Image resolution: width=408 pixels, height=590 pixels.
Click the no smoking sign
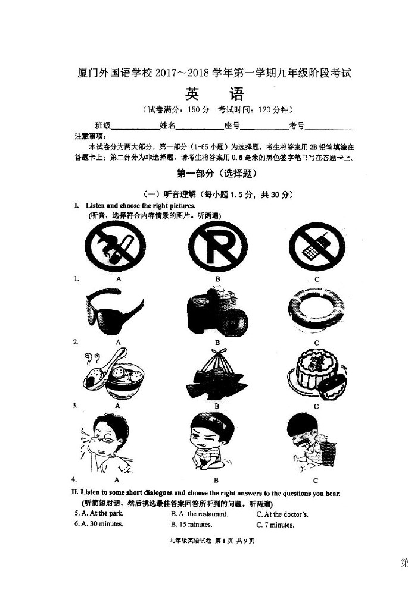[116, 246]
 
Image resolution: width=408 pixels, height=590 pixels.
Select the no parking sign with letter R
[218, 247]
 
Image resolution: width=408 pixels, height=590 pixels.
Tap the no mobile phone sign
[316, 246]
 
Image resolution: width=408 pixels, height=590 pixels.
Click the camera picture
[217, 312]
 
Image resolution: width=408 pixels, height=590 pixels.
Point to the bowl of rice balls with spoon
[113, 374]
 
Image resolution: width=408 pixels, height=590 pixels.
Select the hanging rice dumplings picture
[217, 374]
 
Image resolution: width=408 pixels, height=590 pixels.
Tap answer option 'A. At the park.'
[99, 513]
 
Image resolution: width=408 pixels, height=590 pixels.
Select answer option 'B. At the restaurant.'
[200, 514]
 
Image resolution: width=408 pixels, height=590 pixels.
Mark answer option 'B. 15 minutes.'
[191, 525]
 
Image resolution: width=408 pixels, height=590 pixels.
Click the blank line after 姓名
[200, 129]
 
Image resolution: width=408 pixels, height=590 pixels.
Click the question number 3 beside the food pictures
[76, 405]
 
